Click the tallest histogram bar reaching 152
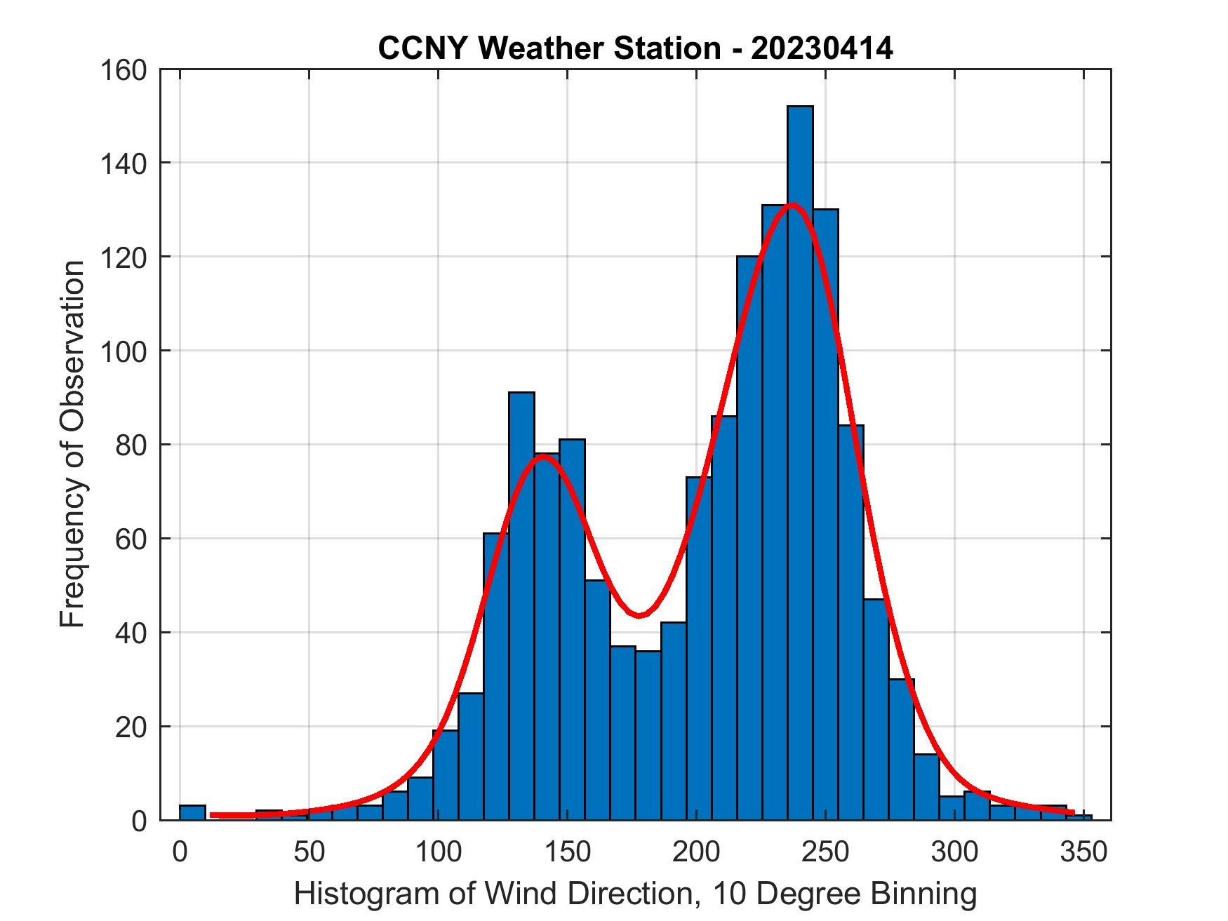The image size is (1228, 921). [800, 463]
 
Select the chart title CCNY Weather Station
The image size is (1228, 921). [634, 48]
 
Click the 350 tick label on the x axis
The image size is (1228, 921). [1083, 852]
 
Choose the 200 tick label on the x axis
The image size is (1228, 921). [696, 852]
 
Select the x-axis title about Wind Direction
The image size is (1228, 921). [634, 894]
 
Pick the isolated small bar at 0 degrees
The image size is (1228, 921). [192, 812]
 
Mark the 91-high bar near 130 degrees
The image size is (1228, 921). [521, 603]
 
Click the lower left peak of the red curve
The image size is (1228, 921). [542, 456]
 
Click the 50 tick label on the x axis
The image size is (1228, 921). [309, 852]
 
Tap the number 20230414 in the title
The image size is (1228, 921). [822, 48]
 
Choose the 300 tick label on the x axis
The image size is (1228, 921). [954, 852]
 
